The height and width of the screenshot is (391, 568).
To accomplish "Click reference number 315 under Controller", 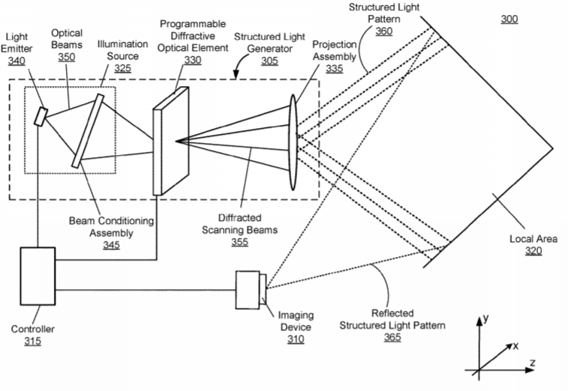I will click(x=32, y=342).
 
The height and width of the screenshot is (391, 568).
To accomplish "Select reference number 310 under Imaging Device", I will click(x=296, y=339).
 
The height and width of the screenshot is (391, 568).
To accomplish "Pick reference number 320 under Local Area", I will click(x=533, y=252).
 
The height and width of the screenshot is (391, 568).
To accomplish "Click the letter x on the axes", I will click(x=515, y=346).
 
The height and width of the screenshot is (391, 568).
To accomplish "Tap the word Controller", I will click(x=32, y=330).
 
